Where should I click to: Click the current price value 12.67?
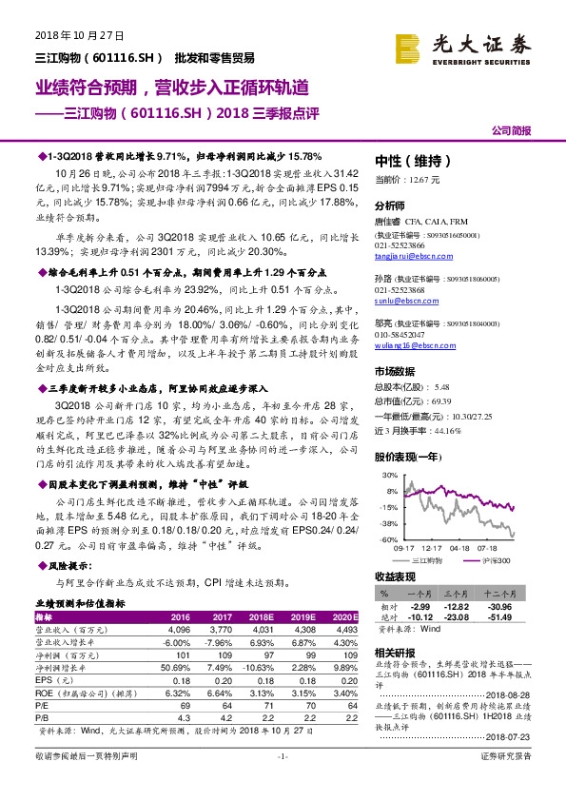(420, 179)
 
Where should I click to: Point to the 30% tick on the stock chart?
(389, 474)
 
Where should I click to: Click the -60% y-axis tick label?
(388, 539)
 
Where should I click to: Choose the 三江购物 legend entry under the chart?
(426, 562)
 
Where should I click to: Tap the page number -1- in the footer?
(282, 783)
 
